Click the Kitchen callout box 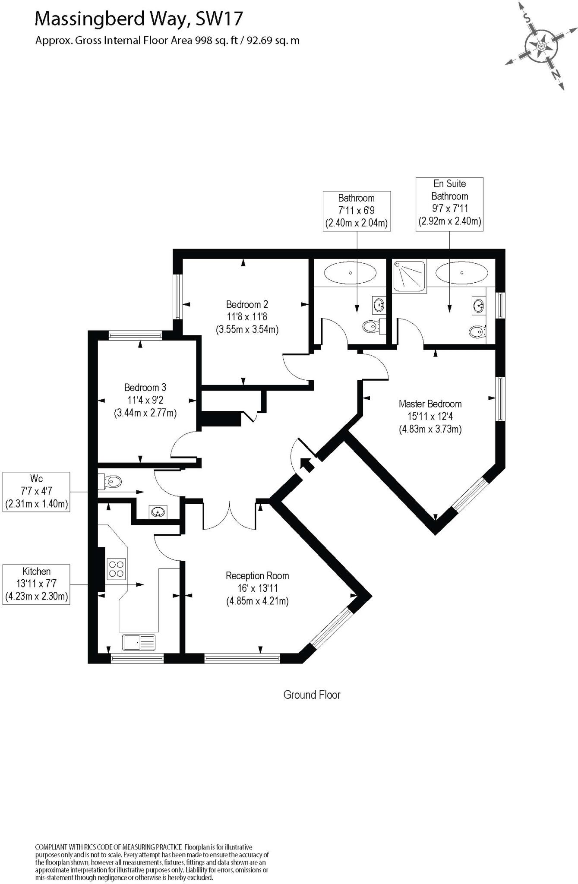point(36,584)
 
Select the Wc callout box point(36,492)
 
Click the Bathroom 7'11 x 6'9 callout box point(357,211)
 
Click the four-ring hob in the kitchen point(116,568)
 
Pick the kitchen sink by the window point(139,642)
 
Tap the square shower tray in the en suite point(409,276)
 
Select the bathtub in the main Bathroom point(350,273)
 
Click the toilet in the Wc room point(111,481)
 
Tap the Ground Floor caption point(312,695)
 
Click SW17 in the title point(219,19)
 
